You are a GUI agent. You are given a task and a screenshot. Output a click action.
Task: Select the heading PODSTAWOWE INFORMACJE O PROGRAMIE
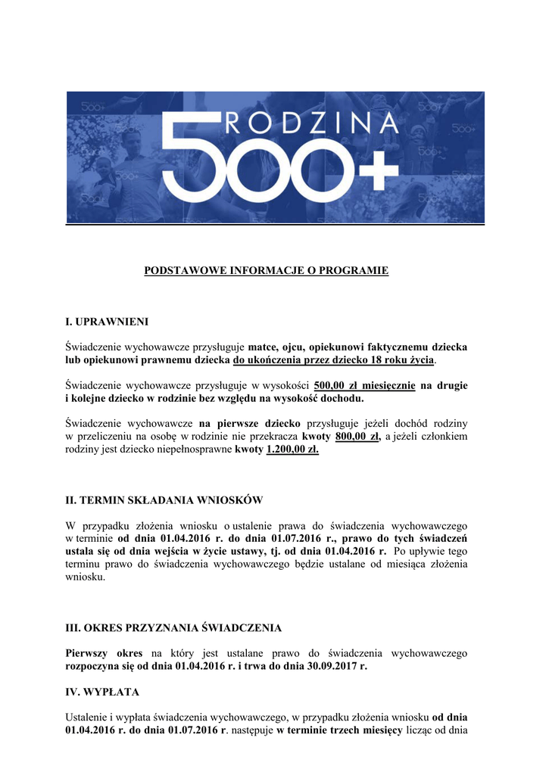point(267,270)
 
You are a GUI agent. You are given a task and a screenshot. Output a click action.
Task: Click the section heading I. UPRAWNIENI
point(101,322)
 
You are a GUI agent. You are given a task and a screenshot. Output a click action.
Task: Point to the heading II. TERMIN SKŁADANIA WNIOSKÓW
point(164,500)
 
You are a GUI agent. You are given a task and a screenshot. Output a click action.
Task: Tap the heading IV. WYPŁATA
point(102,692)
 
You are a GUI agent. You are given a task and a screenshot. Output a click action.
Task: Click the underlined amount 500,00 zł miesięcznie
point(364,385)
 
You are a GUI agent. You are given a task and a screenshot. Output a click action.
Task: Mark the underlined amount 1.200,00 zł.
point(292,450)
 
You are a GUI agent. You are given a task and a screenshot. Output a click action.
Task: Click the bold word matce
point(264,347)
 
